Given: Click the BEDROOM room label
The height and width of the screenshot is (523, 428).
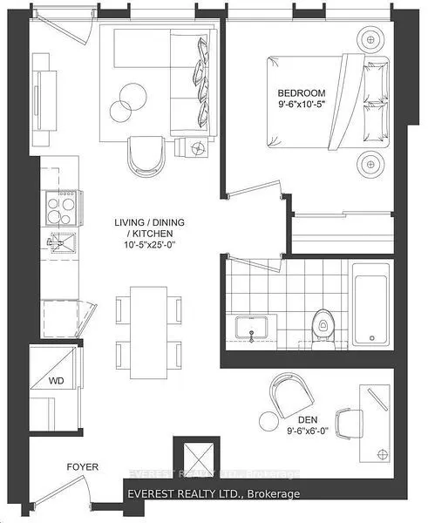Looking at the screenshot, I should [x=302, y=93].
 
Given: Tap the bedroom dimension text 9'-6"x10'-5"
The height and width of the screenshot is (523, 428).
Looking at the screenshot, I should [x=302, y=105].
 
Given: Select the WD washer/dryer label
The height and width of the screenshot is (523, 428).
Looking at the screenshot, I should [x=54, y=380].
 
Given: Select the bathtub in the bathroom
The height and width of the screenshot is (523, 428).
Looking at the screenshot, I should [x=373, y=309].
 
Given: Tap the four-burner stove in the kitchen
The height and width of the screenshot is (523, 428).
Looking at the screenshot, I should [x=59, y=209].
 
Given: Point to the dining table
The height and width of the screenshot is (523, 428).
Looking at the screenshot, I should [x=149, y=322].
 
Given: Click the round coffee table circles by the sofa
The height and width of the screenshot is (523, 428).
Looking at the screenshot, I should [x=129, y=101].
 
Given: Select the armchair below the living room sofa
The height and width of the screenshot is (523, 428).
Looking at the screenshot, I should [x=146, y=155].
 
